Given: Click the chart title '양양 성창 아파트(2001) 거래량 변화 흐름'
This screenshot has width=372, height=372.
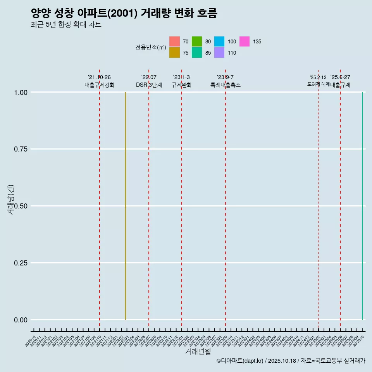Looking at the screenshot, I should coord(124,13).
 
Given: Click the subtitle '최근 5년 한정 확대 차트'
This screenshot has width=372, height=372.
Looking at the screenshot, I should coord(66,25).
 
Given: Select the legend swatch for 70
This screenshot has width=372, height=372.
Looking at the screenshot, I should coord(174,41).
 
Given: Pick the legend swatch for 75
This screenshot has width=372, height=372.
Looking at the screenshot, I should coord(174,53).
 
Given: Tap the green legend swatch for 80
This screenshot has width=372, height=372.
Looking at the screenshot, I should coord(197,41).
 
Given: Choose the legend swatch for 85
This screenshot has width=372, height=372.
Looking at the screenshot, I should coord(197,53).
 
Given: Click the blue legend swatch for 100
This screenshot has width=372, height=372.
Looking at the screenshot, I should coord(219,41).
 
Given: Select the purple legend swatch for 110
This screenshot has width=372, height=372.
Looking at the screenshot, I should coord(219,53).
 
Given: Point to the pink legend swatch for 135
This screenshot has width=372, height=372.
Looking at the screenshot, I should coord(245,41).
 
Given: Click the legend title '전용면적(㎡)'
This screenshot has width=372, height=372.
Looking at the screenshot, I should coord(151,47).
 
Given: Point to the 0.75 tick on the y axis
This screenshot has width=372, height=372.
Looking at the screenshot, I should coord(20,149).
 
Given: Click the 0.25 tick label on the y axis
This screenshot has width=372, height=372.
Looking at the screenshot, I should coord(20,263).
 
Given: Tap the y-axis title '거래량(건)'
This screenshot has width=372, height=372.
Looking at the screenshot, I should coord(11,200).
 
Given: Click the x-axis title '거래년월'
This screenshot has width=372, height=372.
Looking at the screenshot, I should coord(198,352).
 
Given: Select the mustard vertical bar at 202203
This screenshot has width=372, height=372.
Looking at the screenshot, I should coord(126,205).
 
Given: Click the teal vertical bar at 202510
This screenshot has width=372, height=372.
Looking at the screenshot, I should coord(362,205).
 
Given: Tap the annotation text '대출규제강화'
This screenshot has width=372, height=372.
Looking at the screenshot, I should coord(100,85).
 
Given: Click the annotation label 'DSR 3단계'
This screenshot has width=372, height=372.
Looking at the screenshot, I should coord(149,85).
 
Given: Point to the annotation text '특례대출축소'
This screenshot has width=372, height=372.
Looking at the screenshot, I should coord(226,85).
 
